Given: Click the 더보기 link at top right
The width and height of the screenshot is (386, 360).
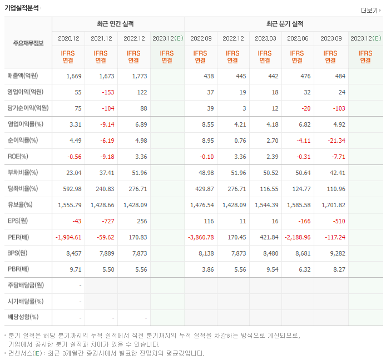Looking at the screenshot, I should tap(369, 11).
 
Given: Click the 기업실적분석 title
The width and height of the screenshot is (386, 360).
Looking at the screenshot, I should tap(22, 8).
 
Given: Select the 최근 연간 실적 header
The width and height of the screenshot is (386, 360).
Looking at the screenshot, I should tap(118, 24).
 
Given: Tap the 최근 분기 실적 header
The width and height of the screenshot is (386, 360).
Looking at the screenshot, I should tap(284, 24).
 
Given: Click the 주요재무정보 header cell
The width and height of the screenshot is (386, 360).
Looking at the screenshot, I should tap(28, 43).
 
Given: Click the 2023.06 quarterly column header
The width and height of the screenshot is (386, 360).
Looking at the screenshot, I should tap(298, 38).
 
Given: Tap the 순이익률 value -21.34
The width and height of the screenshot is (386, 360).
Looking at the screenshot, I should tap(334, 140).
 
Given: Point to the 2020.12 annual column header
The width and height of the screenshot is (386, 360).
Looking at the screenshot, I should tap(69, 38).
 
